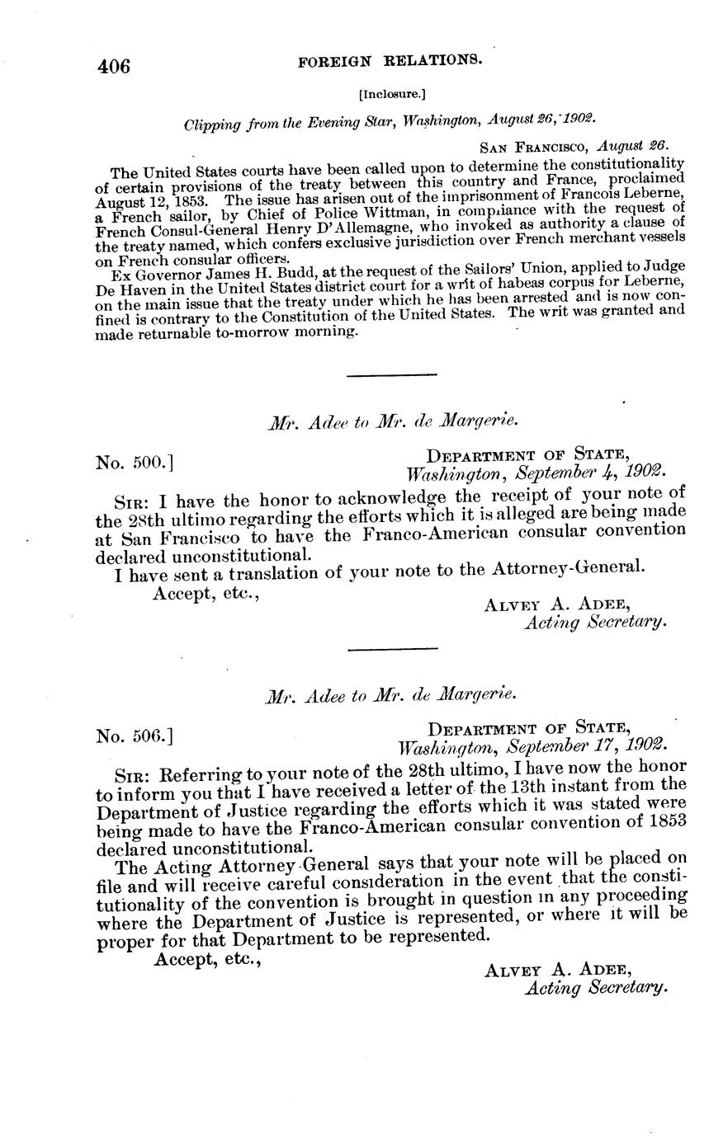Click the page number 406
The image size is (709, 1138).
(113, 66)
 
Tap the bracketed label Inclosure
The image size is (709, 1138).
(392, 94)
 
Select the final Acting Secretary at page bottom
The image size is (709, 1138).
(596, 986)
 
